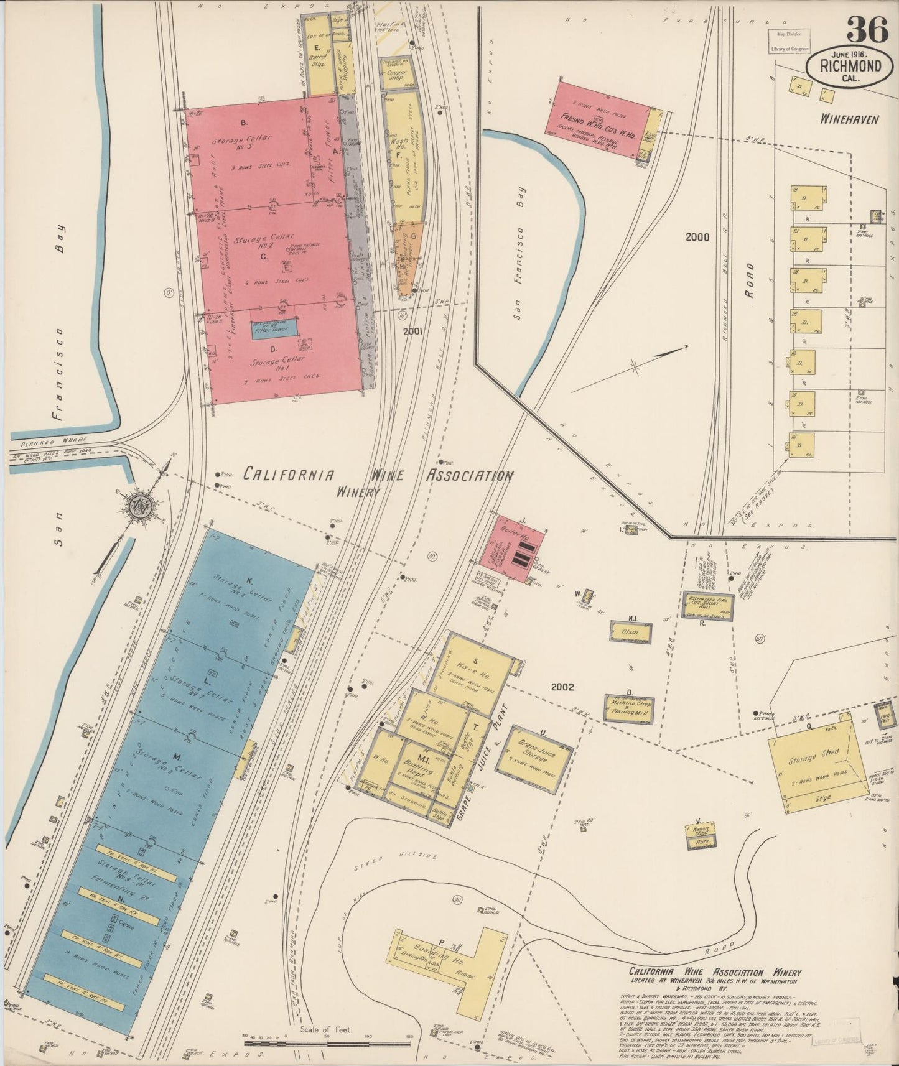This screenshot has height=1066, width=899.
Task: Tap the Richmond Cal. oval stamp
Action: click(848, 68)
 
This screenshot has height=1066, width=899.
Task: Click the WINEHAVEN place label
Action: click(848, 119)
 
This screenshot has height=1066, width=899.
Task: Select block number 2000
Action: click(697, 237)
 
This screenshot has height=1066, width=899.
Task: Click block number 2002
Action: click(562, 687)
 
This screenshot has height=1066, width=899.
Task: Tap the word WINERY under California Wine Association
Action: click(358, 491)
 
